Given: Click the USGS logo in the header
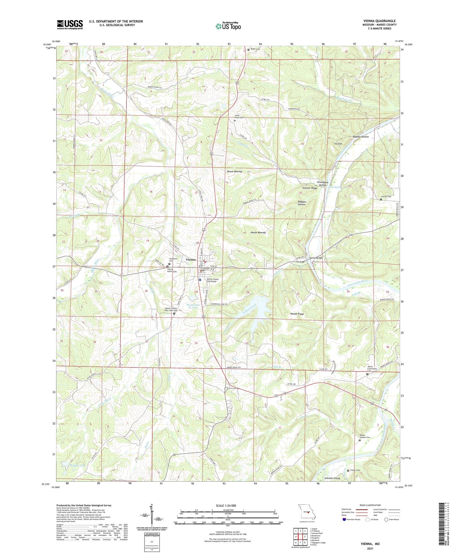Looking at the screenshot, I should [70, 24].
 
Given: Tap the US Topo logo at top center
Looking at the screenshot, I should [228, 26].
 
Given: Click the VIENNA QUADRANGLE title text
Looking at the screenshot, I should [379, 21].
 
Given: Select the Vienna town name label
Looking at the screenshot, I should [191, 260].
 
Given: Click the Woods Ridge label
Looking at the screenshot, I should [297, 314].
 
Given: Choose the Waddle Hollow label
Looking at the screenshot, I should [361, 137].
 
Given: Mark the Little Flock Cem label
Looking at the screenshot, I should [239, 116].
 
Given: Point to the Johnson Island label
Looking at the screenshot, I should [332, 478].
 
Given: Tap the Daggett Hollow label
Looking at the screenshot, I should [301, 203].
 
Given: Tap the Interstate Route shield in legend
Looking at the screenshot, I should [344, 519].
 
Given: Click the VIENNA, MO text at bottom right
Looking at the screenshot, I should [370, 544].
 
